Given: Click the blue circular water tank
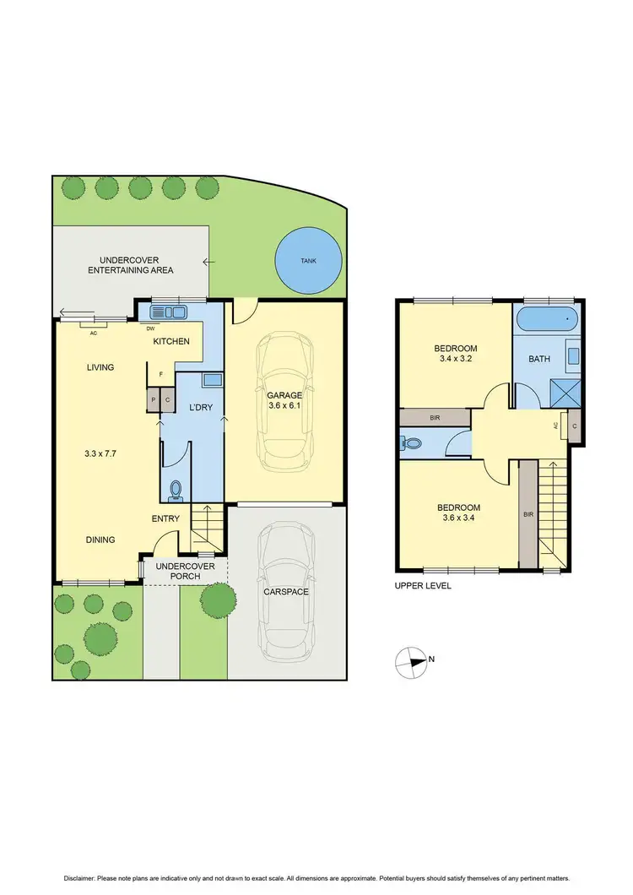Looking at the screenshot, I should (310, 260).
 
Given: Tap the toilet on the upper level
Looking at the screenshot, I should (413, 442).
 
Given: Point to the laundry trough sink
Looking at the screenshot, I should (212, 381).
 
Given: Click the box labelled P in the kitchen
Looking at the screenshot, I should (154, 401).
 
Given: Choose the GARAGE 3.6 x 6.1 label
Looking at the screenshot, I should (284, 401).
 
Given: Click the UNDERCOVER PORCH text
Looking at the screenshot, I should (185, 571).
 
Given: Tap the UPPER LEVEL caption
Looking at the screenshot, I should (422, 585).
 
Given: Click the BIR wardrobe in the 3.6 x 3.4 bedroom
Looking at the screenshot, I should (527, 513).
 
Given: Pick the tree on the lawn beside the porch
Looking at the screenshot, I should (218, 599).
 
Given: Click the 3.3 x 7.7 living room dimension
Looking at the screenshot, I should (99, 453).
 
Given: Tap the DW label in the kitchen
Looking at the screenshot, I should (150, 329).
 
